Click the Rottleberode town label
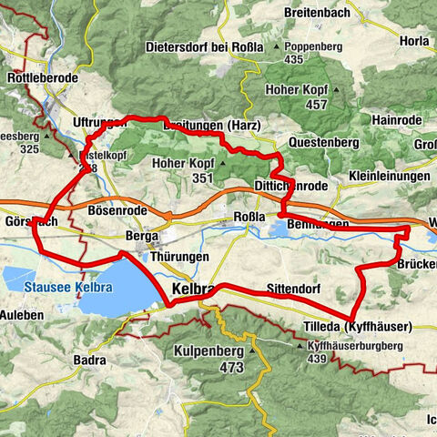(x=43, y=79)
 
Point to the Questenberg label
(x=326, y=143)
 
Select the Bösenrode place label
(x=117, y=210)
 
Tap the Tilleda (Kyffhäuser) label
(x=357, y=326)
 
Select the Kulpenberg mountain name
(x=208, y=351)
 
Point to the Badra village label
(x=90, y=361)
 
